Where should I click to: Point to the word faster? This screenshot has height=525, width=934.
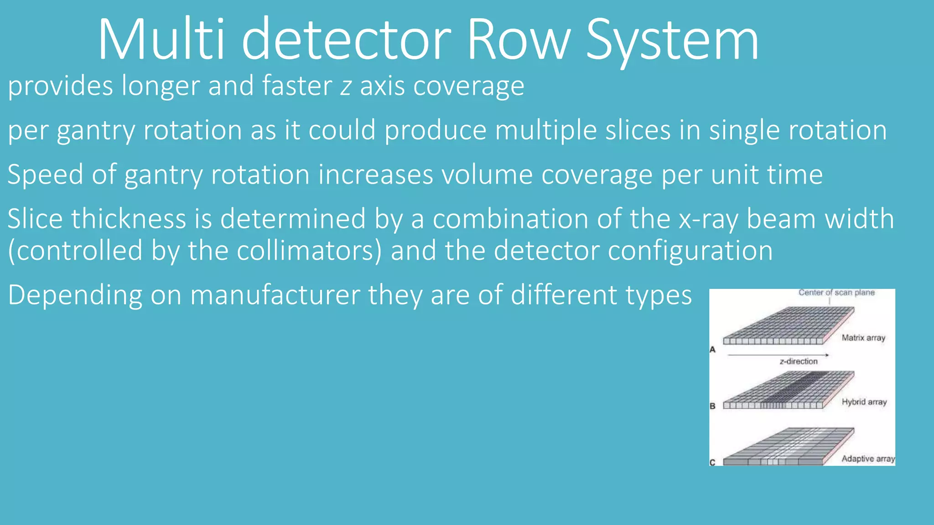click(x=297, y=86)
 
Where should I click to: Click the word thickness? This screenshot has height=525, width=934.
click(x=129, y=219)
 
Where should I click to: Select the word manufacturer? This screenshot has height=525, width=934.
click(x=275, y=295)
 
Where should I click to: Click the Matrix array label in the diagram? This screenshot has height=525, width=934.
click(x=863, y=338)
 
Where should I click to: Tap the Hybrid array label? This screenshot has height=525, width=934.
click(x=864, y=402)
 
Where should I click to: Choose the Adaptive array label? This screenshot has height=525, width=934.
click(x=868, y=459)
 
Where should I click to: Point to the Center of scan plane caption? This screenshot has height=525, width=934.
click(x=836, y=293)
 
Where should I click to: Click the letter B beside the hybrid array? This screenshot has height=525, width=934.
click(x=713, y=406)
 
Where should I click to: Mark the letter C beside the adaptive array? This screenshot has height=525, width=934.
click(x=712, y=462)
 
